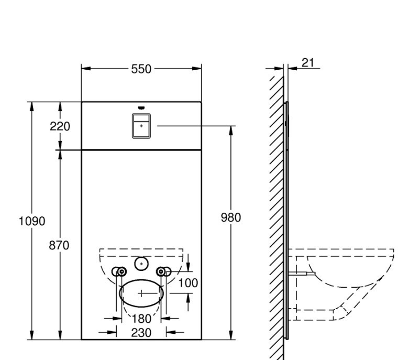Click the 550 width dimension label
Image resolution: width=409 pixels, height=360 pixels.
coord(141,69)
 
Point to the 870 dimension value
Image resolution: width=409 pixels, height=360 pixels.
coord(59,245)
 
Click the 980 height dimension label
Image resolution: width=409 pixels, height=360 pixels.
coord(231,217)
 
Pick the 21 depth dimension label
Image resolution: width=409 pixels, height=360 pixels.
coord(308,63)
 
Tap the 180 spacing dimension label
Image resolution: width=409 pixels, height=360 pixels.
coord(141,318)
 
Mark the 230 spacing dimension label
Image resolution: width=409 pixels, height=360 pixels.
coord(141,332)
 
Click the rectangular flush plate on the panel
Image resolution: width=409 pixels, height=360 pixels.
coord(141,126)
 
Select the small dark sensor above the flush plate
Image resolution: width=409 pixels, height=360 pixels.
coord(140,108)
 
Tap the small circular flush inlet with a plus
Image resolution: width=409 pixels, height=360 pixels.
coord(141,264)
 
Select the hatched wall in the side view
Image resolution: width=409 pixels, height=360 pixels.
coord(277,210)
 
